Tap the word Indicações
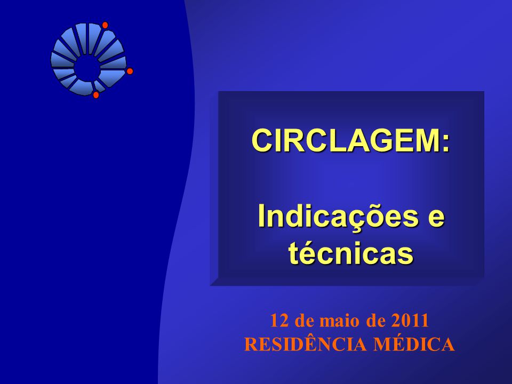pyautogui.click(x=338, y=217)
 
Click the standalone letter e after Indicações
pyautogui.click(x=436, y=219)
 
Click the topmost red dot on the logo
pyautogui.click(x=105, y=25)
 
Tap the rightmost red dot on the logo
pyautogui.click(x=130, y=71)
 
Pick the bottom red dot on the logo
pyautogui.click(x=96, y=95)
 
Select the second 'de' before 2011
pyautogui.click(x=376, y=321)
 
